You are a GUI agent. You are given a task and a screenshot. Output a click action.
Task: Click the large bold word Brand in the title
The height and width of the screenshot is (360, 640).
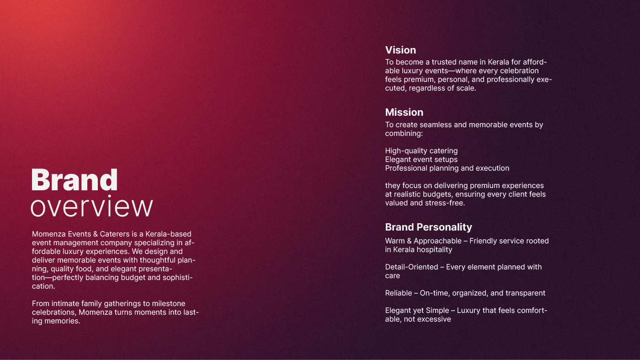[x=74, y=180]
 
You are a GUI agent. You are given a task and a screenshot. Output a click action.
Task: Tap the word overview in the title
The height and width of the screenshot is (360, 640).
[x=92, y=206]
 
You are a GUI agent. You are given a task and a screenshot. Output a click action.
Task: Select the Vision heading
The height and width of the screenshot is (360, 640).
[x=400, y=50]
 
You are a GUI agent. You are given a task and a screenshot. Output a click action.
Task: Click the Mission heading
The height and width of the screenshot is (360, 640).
[x=404, y=112]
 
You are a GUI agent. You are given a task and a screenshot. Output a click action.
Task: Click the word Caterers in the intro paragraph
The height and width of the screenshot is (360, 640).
[x=115, y=234]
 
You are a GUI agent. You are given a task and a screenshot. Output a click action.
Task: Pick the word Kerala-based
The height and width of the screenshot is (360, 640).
[x=168, y=234]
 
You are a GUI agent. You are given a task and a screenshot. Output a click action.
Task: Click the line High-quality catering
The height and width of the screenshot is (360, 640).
[x=421, y=151]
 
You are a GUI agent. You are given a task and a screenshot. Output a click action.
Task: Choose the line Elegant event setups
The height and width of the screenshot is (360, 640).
[x=421, y=160]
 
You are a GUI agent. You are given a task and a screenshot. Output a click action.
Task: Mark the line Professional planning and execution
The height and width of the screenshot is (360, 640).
[x=447, y=168]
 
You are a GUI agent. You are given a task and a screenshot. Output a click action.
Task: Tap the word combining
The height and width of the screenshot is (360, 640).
[x=404, y=134]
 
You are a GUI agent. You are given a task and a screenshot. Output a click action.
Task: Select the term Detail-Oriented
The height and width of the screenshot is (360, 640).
[x=411, y=267]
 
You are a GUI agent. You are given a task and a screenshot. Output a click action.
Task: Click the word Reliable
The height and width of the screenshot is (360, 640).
[x=399, y=293]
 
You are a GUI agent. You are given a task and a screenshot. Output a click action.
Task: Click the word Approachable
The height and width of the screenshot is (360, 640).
[x=437, y=241]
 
